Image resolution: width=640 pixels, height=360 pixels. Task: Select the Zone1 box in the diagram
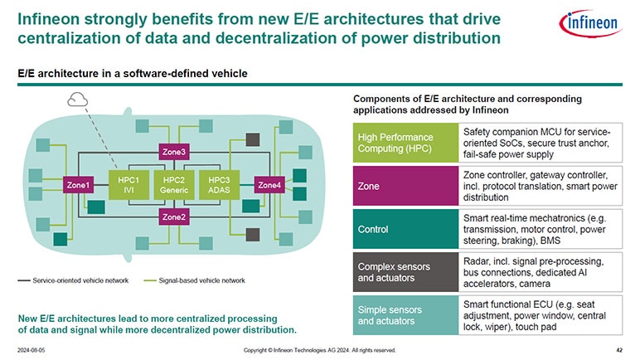pyautogui.click(x=79, y=185)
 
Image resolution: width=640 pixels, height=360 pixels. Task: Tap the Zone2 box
pyautogui.click(x=174, y=217)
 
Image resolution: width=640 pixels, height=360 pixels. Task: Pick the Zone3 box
pyautogui.click(x=174, y=152)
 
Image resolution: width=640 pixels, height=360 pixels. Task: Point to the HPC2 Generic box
pyautogui.click(x=174, y=185)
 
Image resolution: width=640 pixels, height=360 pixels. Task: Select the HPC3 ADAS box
pyautogui.click(x=221, y=185)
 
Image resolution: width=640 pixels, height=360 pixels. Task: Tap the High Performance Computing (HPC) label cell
pyautogui.click(x=405, y=142)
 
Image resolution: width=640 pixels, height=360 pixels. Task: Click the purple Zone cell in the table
pyautogui.click(x=405, y=186)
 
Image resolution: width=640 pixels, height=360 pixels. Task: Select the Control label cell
pyautogui.click(x=405, y=229)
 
